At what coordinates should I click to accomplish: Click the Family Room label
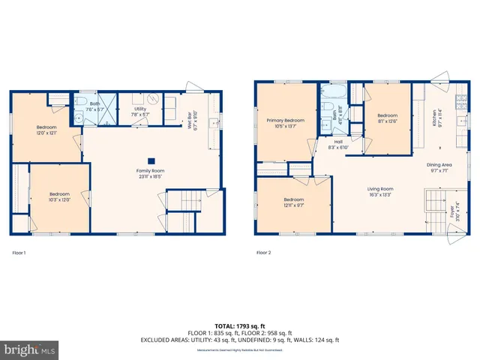(151, 174)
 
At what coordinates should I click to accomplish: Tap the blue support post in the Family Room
(151, 160)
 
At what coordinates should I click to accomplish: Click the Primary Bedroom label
(286, 124)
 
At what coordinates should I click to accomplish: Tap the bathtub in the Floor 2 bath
(332, 94)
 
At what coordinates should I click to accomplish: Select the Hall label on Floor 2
(339, 143)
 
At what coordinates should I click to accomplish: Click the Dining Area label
(439, 166)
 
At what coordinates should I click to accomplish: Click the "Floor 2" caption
(263, 253)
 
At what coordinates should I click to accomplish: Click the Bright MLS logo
(28, 349)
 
